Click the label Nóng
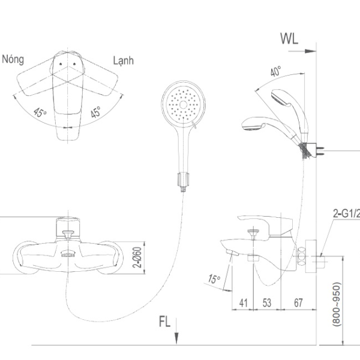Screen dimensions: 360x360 13,59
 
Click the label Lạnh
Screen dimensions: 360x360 123,61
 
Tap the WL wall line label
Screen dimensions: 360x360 289,39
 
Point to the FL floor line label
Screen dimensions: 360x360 164,322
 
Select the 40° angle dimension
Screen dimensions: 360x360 275,71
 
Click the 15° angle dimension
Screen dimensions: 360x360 214,279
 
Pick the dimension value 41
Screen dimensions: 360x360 244,303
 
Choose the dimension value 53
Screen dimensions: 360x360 267,303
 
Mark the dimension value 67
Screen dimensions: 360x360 298,303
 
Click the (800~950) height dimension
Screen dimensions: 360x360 337,304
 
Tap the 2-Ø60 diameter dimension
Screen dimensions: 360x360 137,257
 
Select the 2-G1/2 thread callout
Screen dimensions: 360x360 346,214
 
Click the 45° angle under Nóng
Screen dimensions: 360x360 40,113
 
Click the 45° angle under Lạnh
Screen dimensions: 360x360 95,112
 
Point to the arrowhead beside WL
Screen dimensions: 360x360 311,51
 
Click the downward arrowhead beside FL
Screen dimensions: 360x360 176,339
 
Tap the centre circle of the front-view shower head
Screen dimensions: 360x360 183,104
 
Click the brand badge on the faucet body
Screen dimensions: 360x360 68,254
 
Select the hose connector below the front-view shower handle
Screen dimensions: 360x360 183,180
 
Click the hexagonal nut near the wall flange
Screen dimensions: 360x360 302,257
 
